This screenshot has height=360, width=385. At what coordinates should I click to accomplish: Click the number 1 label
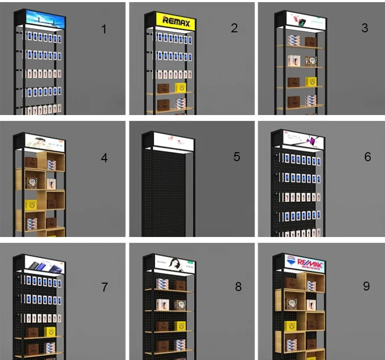(x=104, y=29)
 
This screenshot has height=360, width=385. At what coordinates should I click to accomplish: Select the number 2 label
(x=234, y=28)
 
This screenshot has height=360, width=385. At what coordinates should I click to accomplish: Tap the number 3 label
(x=364, y=28)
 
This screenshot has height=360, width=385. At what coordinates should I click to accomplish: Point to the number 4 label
(x=104, y=157)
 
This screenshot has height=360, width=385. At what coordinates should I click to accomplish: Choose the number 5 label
(x=237, y=157)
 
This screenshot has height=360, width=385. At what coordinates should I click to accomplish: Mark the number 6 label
(x=367, y=157)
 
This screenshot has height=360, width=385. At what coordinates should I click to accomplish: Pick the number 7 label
(x=104, y=287)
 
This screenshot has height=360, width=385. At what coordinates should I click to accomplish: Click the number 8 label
(x=238, y=286)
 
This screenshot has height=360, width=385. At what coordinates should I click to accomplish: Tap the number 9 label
(x=366, y=286)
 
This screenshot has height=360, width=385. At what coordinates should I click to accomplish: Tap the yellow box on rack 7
(x=50, y=331)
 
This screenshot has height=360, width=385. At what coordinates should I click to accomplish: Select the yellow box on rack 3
(x=311, y=82)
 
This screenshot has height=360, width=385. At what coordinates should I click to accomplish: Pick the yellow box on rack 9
(x=290, y=326)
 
